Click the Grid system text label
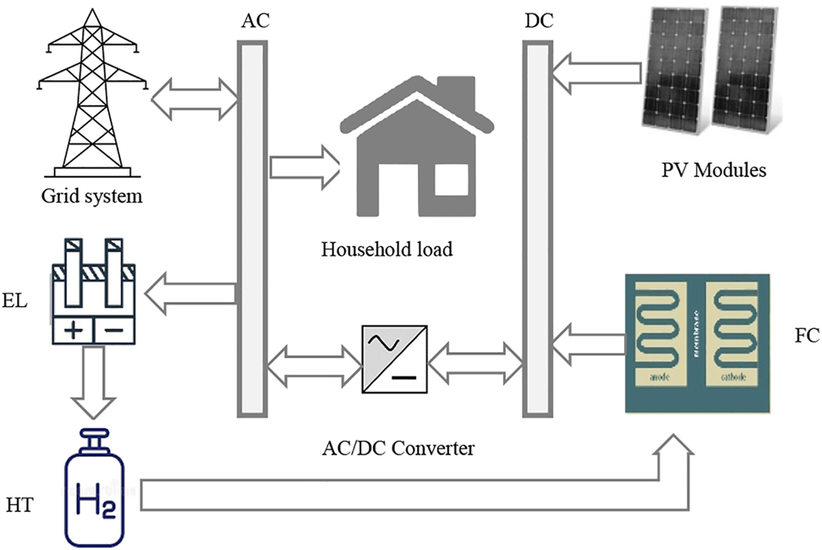[x=92, y=198]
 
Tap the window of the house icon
[x=451, y=180]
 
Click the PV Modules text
[x=713, y=170]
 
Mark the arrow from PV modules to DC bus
[x=596, y=71]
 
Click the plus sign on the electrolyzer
[x=74, y=329]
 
